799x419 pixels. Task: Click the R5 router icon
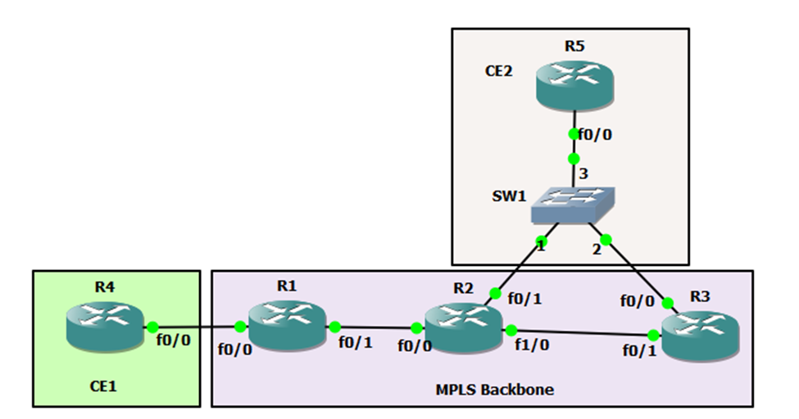click(x=574, y=88)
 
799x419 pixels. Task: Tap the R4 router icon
click(x=103, y=323)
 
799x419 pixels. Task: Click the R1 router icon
click(x=288, y=325)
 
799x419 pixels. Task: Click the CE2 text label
click(x=499, y=71)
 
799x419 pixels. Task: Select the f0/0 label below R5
click(x=595, y=135)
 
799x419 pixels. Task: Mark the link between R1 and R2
click(x=375, y=327)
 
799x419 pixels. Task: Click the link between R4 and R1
click(x=194, y=326)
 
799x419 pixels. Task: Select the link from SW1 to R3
click(x=636, y=271)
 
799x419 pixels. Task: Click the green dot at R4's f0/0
click(x=150, y=325)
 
